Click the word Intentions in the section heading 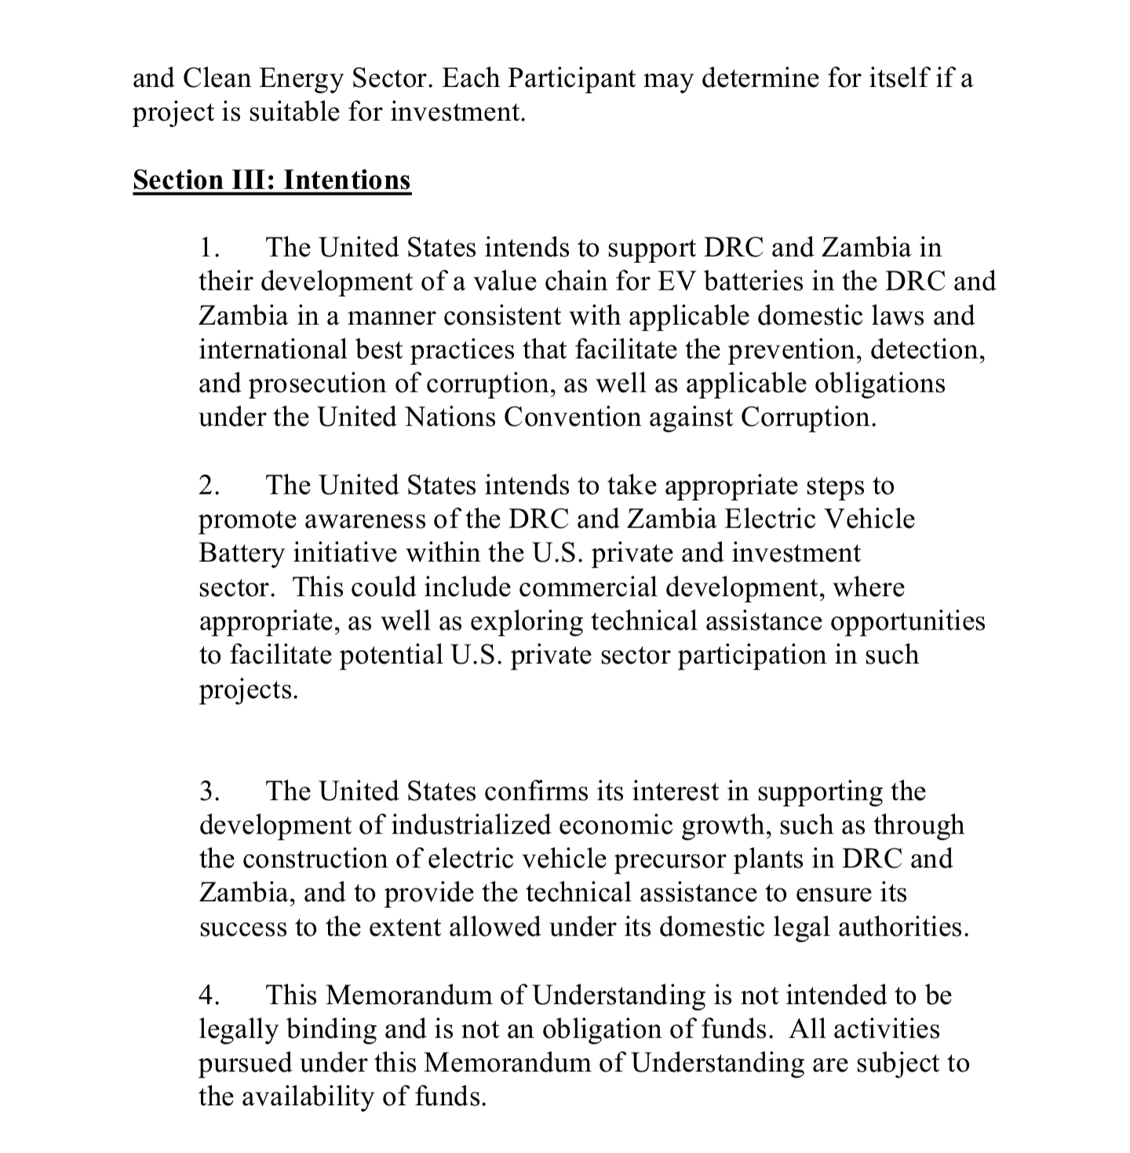tap(347, 180)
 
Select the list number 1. tap(207, 247)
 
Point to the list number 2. tap(208, 485)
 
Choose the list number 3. tap(208, 790)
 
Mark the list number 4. tap(208, 995)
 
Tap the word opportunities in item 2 tap(907, 621)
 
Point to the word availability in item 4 tap(312, 1096)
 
